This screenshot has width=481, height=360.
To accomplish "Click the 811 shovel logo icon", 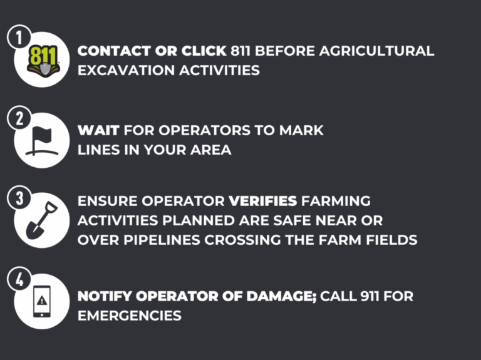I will [42, 59].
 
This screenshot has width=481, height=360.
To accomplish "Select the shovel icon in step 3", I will [41, 220].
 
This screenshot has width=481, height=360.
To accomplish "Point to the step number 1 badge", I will [19, 38].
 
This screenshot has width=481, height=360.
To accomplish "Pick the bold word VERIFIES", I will [262, 202].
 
